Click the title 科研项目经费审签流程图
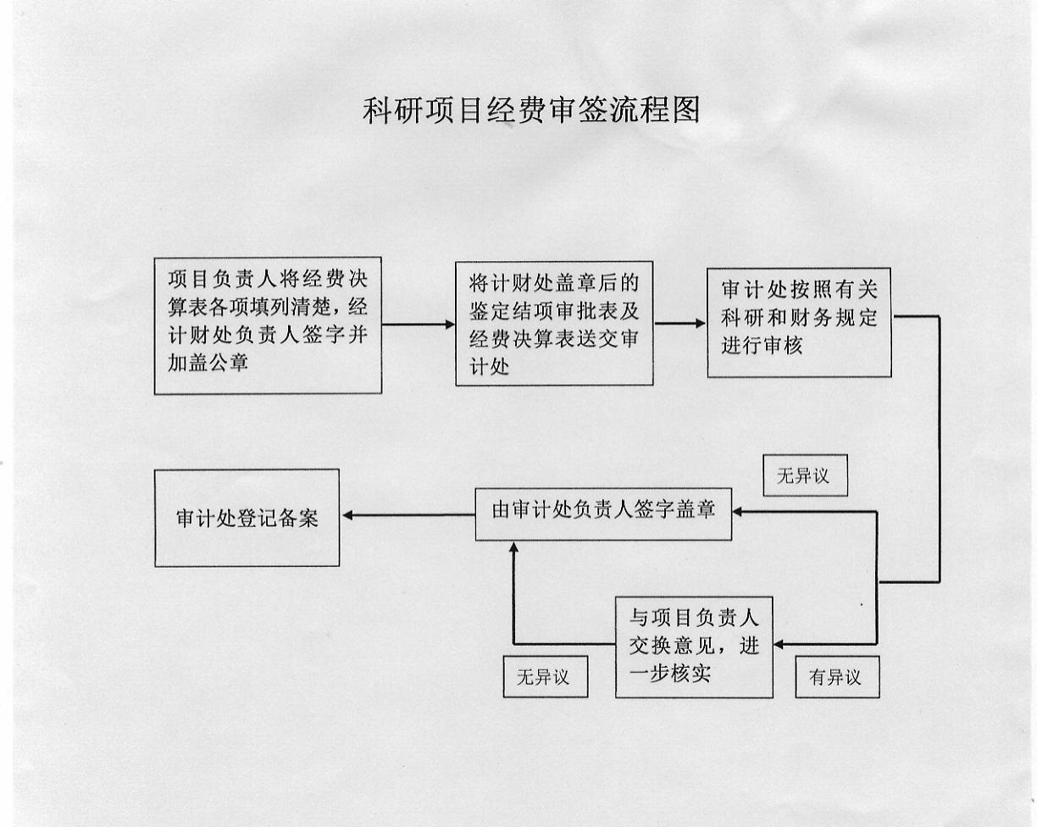(x=531, y=110)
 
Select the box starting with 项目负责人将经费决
(x=268, y=325)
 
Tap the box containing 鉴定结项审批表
(x=554, y=323)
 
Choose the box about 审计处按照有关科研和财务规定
(x=799, y=322)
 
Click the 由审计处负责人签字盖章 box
(x=603, y=511)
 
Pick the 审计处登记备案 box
(x=247, y=518)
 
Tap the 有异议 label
(x=836, y=678)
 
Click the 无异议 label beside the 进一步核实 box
(x=545, y=678)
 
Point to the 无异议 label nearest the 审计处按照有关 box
(x=804, y=476)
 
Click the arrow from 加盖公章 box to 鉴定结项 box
(x=419, y=324)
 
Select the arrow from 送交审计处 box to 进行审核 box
(x=680, y=323)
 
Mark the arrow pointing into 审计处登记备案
(x=407, y=515)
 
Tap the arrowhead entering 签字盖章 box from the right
(x=738, y=511)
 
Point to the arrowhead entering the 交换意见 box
(x=779, y=644)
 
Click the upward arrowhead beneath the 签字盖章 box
(x=513, y=547)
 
